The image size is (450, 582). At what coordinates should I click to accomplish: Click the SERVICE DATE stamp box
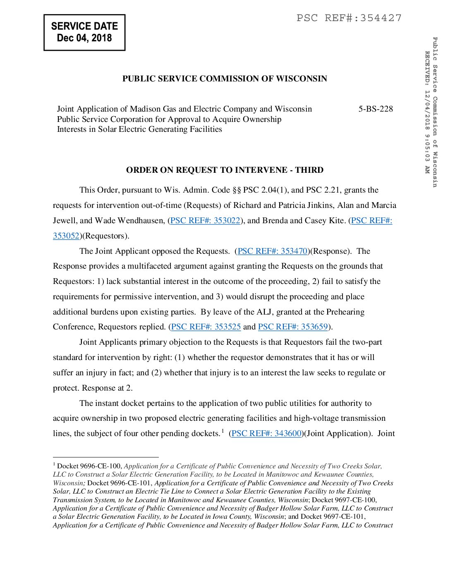coord(84,33)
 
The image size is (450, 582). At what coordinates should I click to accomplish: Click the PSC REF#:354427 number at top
coord(349,18)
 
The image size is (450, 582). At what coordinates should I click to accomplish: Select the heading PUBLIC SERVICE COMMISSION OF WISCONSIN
coord(225,79)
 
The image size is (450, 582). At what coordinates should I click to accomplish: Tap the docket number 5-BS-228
coord(376,109)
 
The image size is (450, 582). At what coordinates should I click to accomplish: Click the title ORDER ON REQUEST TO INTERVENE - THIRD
coord(225,170)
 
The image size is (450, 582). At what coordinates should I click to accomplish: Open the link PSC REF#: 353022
coord(205,221)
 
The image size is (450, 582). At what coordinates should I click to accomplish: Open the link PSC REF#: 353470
coord(273,251)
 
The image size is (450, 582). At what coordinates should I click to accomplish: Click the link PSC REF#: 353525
coord(206,327)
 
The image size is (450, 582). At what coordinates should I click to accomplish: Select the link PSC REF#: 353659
coord(293,327)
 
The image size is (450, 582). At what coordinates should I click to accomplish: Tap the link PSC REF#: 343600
coord(266,434)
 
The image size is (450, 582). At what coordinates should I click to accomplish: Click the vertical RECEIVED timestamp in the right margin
coord(427,112)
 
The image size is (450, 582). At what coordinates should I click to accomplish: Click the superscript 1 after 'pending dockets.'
coord(223,431)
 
